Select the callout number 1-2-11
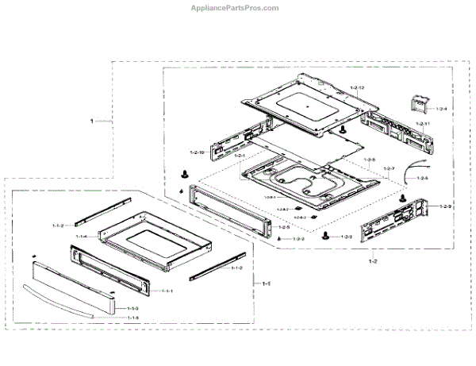coord(422,125)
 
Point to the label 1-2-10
coord(198,152)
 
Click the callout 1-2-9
coord(445,206)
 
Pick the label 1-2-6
coord(422,178)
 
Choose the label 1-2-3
coord(346,237)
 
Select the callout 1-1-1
coord(167,291)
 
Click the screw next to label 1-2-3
coord(325,236)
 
